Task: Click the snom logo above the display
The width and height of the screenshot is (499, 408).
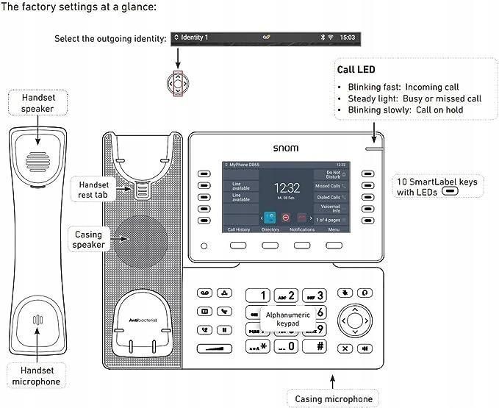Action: coord(286,148)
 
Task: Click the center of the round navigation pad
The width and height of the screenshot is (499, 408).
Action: coord(354,320)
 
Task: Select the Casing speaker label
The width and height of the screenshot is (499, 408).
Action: coord(89,240)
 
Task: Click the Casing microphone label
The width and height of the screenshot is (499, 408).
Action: coord(333,399)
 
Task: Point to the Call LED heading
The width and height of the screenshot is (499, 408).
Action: coord(356,70)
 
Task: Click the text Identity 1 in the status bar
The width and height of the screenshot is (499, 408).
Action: coord(194,37)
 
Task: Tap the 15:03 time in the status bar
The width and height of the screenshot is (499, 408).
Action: coord(348,37)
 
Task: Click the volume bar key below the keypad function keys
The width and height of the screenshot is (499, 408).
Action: coord(214,348)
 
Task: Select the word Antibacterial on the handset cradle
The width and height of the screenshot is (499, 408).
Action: coord(146,319)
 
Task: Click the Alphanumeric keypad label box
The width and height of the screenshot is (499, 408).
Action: coord(288,318)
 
